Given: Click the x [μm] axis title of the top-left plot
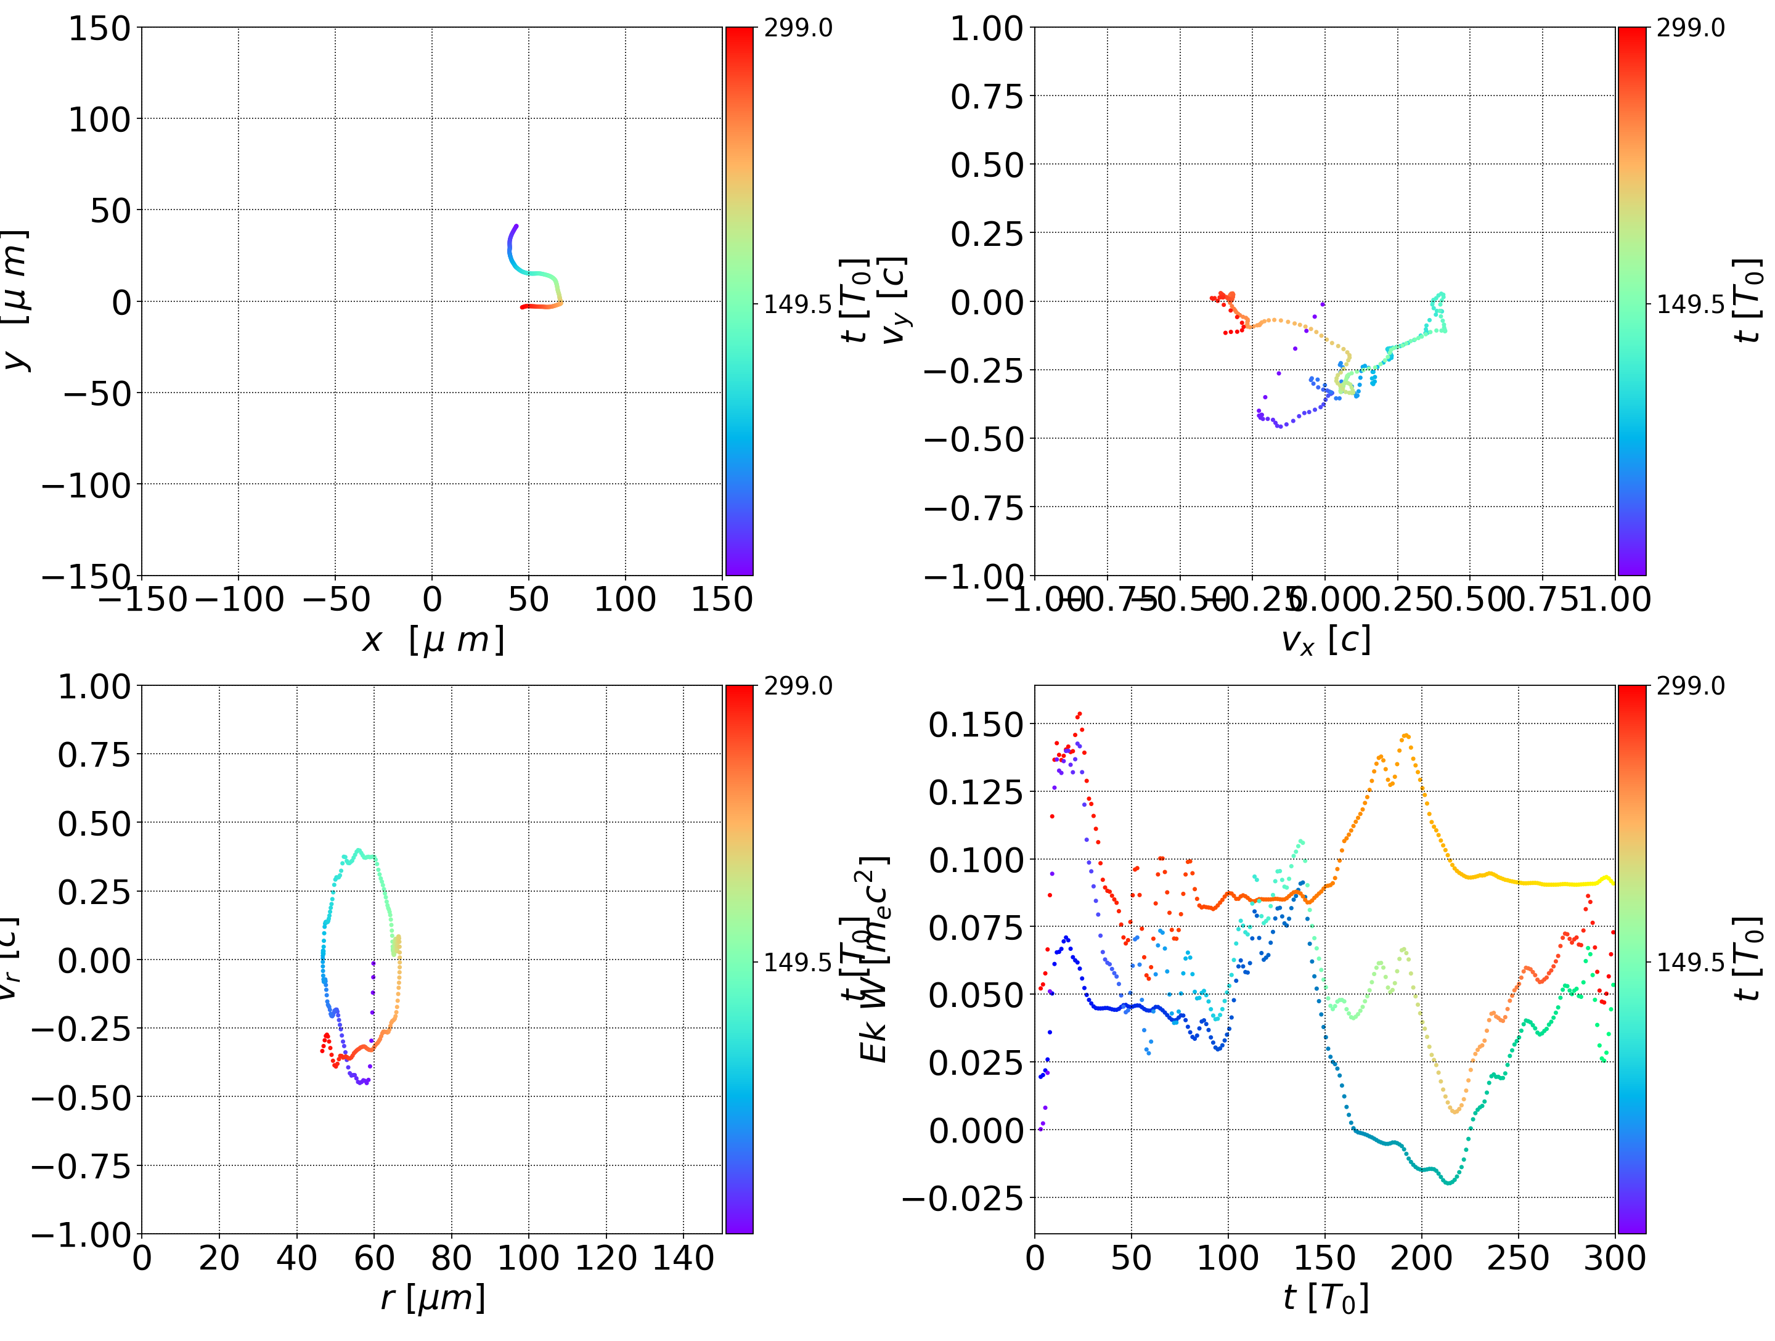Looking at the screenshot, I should pos(433,640).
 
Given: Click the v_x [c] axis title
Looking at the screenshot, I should pos(1325,640).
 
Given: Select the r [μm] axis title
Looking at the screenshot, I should pos(433,1298).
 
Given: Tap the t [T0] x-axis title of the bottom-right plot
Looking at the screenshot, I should pos(1325,1298).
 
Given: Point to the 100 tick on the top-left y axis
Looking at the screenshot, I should pos(99,120).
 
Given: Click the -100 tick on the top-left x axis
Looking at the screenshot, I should pos(239,600).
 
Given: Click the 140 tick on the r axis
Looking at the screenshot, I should pos(683,1258).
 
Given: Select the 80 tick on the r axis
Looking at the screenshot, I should pos(451,1258).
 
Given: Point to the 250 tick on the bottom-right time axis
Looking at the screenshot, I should pos(1518,1258).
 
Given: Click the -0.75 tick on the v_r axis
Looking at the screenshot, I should pos(80,1165).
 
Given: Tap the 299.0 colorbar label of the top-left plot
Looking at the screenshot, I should pos(798,28).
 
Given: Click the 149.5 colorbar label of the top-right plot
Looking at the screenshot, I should pos(1690,304).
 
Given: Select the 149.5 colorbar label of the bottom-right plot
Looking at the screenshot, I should pos(1690,961).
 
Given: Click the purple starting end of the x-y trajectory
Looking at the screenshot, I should pos(516,226).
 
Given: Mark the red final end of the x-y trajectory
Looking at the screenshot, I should pos(523,306).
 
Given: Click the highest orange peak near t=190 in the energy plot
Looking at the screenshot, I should pos(1405,735).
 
